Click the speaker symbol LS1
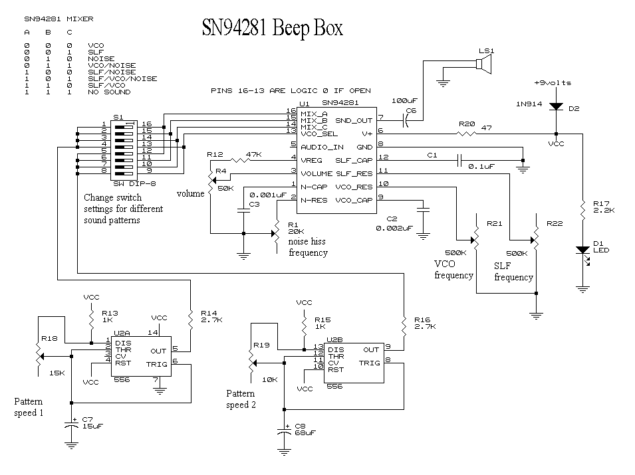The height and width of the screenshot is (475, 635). pyautogui.click(x=483, y=64)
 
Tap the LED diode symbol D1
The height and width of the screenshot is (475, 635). pyautogui.click(x=583, y=251)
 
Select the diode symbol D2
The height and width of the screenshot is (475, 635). pyautogui.click(x=556, y=106)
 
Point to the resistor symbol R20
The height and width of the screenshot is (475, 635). pyautogui.click(x=467, y=133)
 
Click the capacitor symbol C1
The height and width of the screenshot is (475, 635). pyautogui.click(x=459, y=160)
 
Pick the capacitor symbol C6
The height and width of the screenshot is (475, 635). pyautogui.click(x=406, y=120)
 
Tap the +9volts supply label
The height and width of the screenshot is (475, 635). pyautogui.click(x=553, y=82)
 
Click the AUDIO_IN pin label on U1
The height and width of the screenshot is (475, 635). pyautogui.click(x=322, y=147)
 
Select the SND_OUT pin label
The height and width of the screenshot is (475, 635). pyautogui.click(x=354, y=120)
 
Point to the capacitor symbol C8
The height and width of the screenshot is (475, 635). pyautogui.click(x=285, y=432)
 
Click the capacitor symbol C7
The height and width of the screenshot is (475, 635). pyautogui.click(x=72, y=426)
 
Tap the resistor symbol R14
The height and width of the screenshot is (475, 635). pyautogui.click(x=190, y=320)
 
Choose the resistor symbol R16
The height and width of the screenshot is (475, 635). pyautogui.click(x=404, y=326)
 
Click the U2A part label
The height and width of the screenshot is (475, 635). pyautogui.click(x=122, y=333)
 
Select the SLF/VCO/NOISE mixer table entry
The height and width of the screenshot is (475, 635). pyautogui.click(x=122, y=78)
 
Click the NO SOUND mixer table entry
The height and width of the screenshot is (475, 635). pyautogui.click(x=109, y=92)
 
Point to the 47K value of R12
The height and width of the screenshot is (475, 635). pyautogui.click(x=254, y=154)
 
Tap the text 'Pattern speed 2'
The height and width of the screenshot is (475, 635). pyautogui.click(x=241, y=399)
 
